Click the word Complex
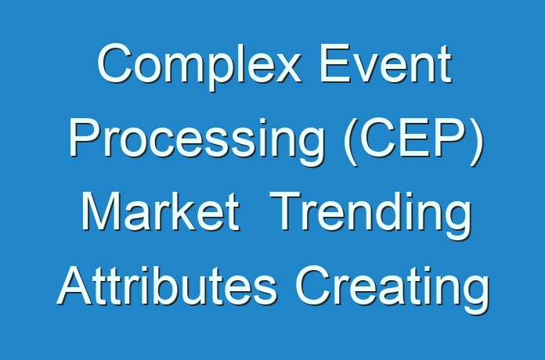199,66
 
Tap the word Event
386,63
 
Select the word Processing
197,141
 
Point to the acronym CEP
413,138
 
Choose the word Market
161,211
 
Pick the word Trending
370,214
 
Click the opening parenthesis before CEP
350,141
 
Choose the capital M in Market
100,211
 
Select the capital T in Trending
286,211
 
